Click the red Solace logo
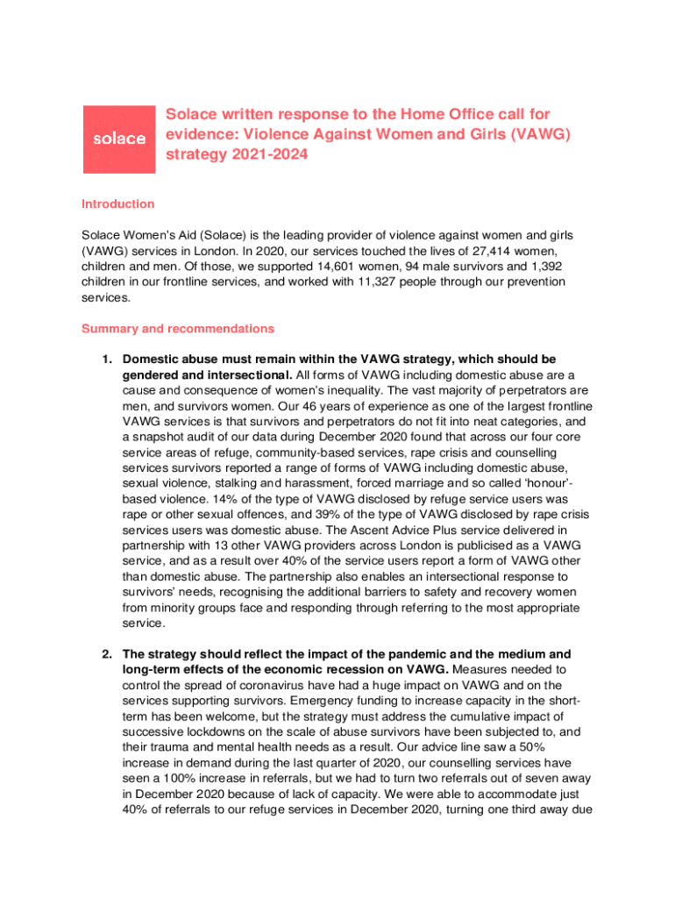click(x=120, y=139)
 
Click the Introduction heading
click(x=117, y=204)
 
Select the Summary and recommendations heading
click(x=177, y=329)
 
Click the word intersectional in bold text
click(x=249, y=374)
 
